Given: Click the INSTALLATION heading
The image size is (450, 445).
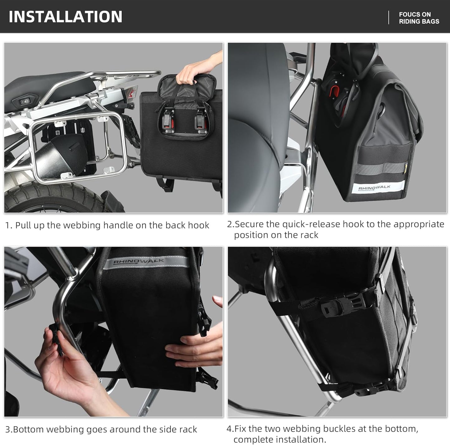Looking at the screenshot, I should click(x=65, y=17).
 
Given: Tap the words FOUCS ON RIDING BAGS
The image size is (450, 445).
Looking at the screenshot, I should click(x=419, y=18).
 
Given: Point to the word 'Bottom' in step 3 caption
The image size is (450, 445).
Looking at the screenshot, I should click(x=29, y=429).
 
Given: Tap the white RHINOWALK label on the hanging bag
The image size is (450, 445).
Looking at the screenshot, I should click(x=375, y=188).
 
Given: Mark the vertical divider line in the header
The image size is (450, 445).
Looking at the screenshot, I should click(x=389, y=17).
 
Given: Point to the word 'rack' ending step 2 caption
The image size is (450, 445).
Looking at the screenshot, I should click(x=310, y=235).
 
